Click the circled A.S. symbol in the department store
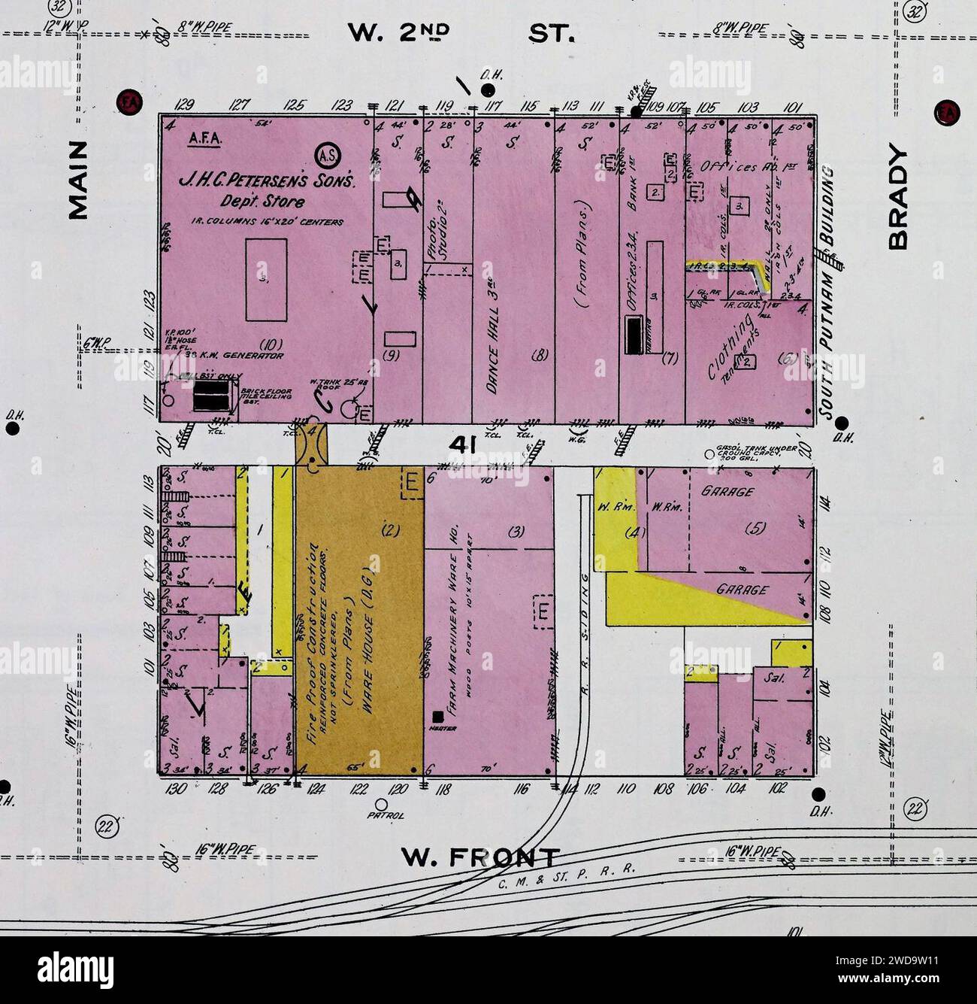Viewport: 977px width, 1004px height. click(x=328, y=156)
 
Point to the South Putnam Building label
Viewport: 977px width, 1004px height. click(x=827, y=293)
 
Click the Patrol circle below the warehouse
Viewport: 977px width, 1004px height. click(x=380, y=803)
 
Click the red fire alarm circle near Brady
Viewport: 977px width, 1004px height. click(x=944, y=112)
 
